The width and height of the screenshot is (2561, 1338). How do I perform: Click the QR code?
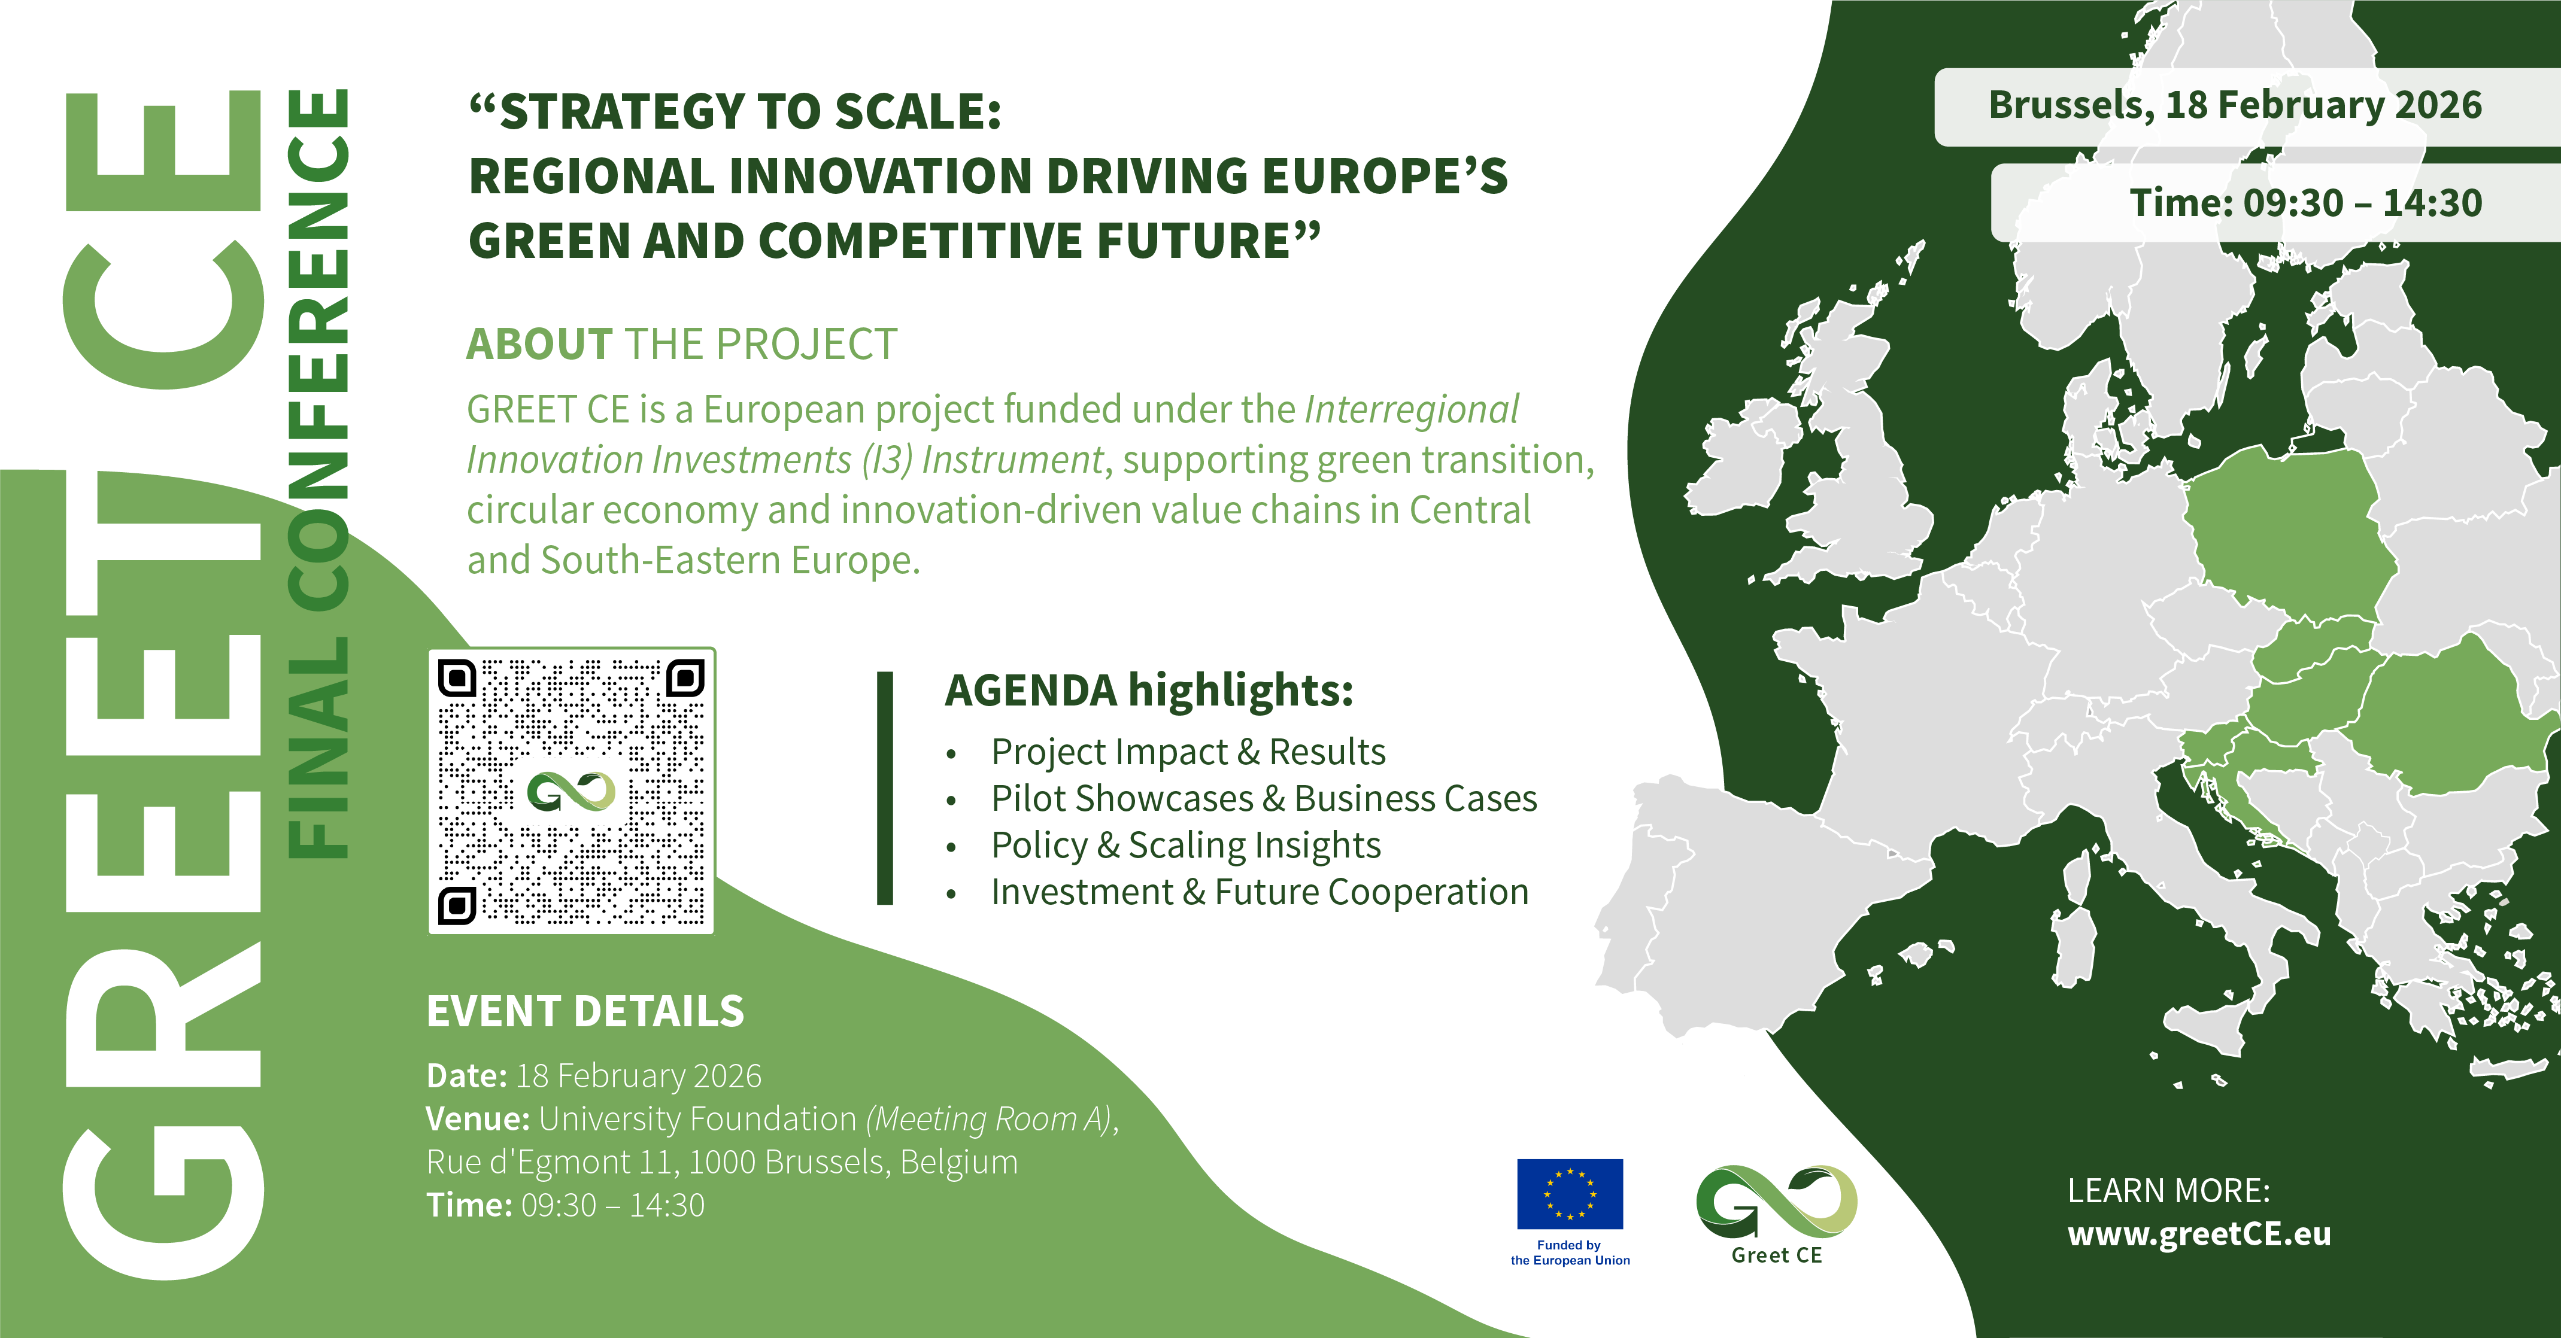(572, 791)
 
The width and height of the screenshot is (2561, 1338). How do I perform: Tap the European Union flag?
(1570, 1194)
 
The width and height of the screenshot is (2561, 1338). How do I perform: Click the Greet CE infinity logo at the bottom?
(1777, 1203)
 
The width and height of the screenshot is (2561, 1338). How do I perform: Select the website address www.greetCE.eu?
(2199, 1234)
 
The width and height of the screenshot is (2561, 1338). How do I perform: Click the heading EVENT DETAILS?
(585, 1011)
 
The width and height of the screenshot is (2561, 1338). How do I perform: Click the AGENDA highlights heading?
(1149, 690)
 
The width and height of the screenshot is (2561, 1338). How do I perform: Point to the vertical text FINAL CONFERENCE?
(318, 473)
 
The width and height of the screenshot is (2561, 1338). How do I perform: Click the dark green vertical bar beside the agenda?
(885, 788)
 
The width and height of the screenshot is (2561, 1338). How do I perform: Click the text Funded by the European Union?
(1570, 1252)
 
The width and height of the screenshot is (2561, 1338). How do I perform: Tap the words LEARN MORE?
(2169, 1191)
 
